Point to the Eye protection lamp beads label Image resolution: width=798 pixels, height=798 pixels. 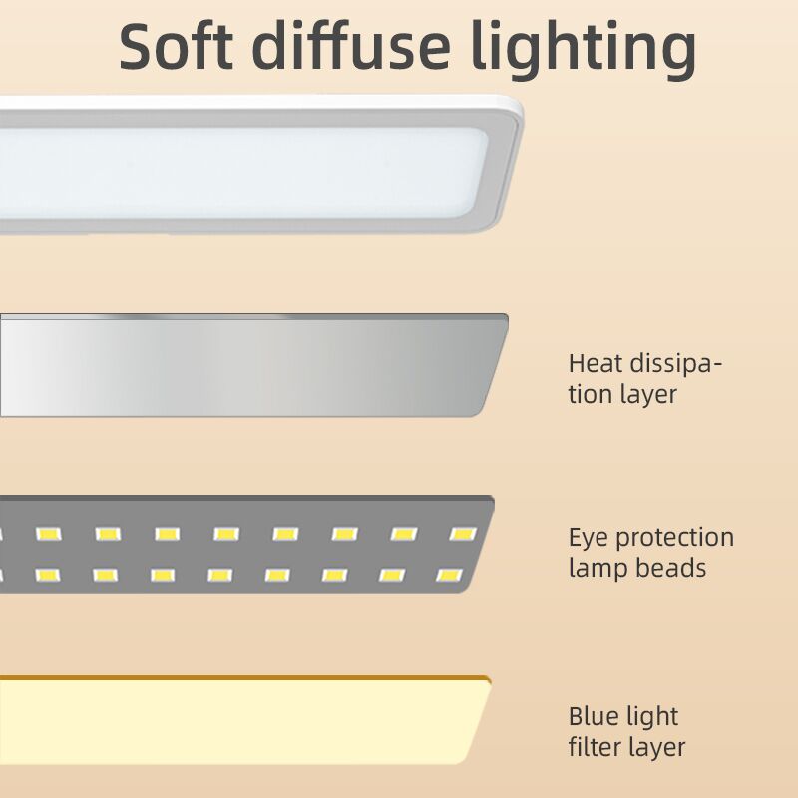[x=650, y=553]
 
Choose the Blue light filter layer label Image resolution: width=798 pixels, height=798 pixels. [x=626, y=731]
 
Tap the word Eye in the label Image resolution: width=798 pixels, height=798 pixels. [x=589, y=539]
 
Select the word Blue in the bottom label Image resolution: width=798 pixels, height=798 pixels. [x=594, y=716]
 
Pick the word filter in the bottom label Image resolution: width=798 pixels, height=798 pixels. [x=596, y=746]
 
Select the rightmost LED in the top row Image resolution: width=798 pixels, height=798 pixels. [x=462, y=534]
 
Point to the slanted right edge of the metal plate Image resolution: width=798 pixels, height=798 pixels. [x=495, y=369]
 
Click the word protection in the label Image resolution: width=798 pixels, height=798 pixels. [x=674, y=539]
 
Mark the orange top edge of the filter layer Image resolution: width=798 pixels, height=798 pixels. [x=249, y=679]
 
